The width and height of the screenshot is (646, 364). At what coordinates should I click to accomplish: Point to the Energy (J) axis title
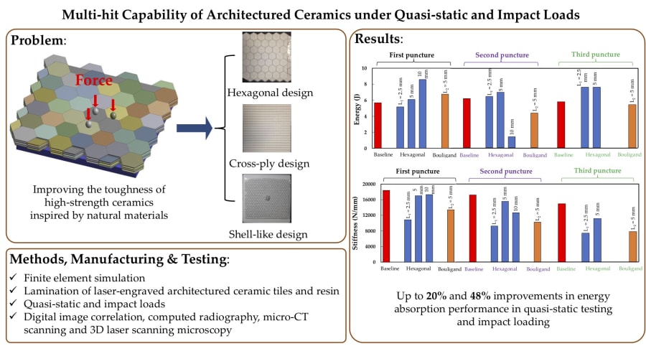coord(357,108)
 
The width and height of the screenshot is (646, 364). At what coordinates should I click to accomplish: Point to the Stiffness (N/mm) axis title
coord(357,223)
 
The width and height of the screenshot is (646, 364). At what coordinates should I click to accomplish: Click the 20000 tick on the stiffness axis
coord(370,185)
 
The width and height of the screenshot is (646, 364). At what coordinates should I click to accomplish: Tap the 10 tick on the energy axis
coord(373,69)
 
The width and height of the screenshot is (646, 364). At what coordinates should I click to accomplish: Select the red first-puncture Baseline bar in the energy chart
coord(378,125)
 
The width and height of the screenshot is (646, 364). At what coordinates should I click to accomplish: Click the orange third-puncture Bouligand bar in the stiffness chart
coord(632,246)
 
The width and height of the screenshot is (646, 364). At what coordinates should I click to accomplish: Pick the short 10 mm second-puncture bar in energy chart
coord(511,142)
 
